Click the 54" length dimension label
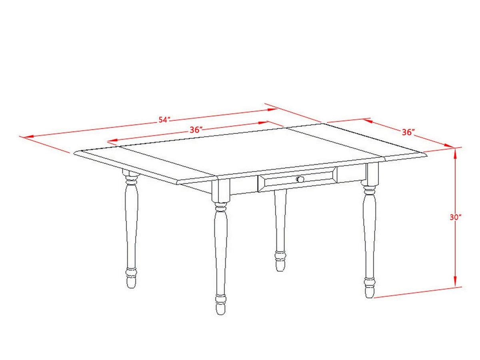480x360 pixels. pyautogui.click(x=164, y=120)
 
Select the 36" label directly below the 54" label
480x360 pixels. pyautogui.click(x=195, y=130)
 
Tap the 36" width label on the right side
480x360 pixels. pyautogui.click(x=408, y=132)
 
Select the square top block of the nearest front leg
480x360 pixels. pyautogui.click(x=221, y=189)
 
